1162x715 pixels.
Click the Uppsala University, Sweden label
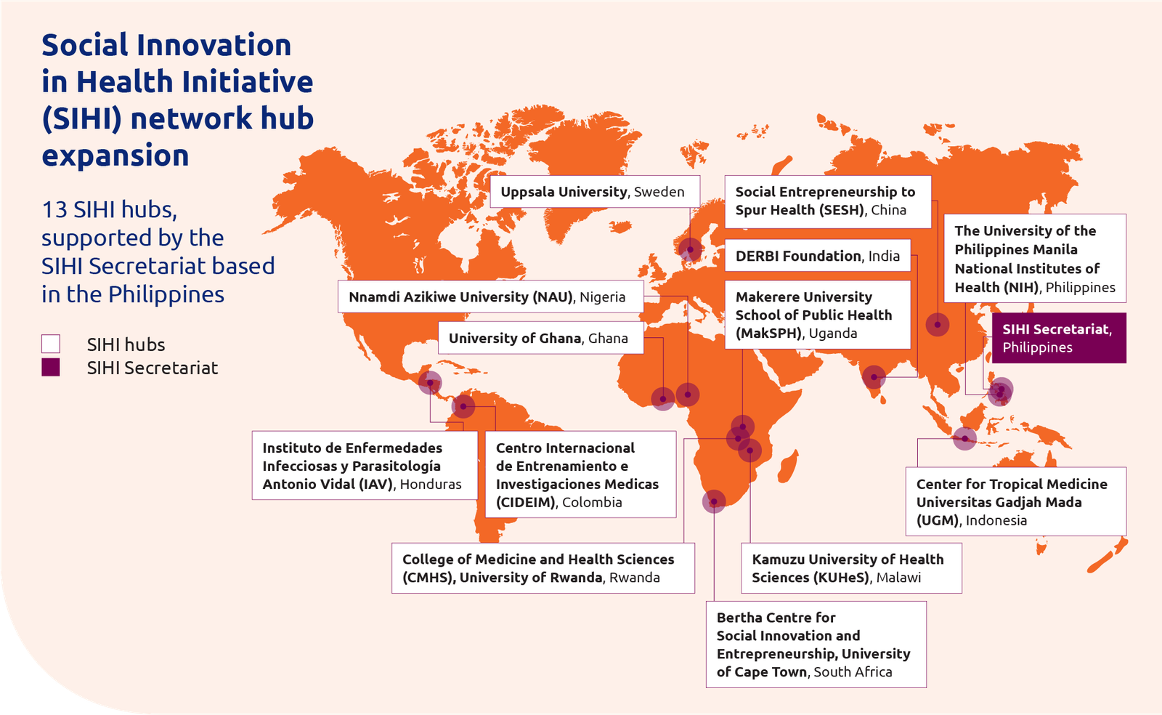pyautogui.click(x=594, y=192)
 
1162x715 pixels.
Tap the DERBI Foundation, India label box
pyautogui.click(x=817, y=256)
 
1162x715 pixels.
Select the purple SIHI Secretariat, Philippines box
pyautogui.click(x=1058, y=338)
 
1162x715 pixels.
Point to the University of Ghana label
pyautogui.click(x=540, y=338)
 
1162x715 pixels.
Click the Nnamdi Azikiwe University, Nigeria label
pyautogui.click(x=489, y=296)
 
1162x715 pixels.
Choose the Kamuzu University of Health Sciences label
pyautogui.click(x=850, y=568)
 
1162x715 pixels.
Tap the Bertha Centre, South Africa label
pyautogui.click(x=815, y=645)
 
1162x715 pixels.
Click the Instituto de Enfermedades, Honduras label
pyautogui.click(x=364, y=466)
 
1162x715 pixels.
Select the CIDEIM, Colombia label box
pyautogui.click(x=580, y=474)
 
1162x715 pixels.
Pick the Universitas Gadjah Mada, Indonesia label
pyautogui.click(x=1015, y=501)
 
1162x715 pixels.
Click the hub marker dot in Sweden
pyautogui.click(x=690, y=250)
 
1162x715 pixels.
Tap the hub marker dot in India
pyautogui.click(x=874, y=377)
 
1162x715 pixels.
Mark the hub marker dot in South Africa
pyautogui.click(x=714, y=501)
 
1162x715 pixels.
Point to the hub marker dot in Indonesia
pyautogui.click(x=964, y=438)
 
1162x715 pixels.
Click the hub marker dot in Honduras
pyautogui.click(x=430, y=382)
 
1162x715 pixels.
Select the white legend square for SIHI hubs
pyautogui.click(x=51, y=344)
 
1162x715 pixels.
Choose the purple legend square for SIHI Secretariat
pyautogui.click(x=51, y=367)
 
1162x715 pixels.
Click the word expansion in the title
pyautogui.click(x=115, y=155)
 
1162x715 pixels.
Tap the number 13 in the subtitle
pyautogui.click(x=54, y=209)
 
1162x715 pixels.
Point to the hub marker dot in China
pyautogui.click(x=938, y=324)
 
